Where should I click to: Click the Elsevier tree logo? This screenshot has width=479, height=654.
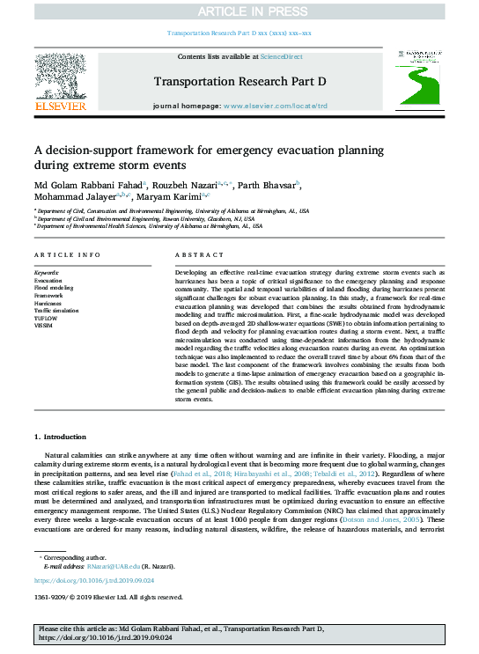click(60, 78)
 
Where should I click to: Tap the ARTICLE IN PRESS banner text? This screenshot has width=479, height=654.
click(239, 11)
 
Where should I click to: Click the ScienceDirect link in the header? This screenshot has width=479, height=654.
click(282, 56)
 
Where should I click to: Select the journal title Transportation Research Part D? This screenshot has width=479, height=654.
click(239, 81)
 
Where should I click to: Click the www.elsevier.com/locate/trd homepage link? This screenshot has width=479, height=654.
click(276, 106)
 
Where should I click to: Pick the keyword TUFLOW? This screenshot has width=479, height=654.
click(48, 318)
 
